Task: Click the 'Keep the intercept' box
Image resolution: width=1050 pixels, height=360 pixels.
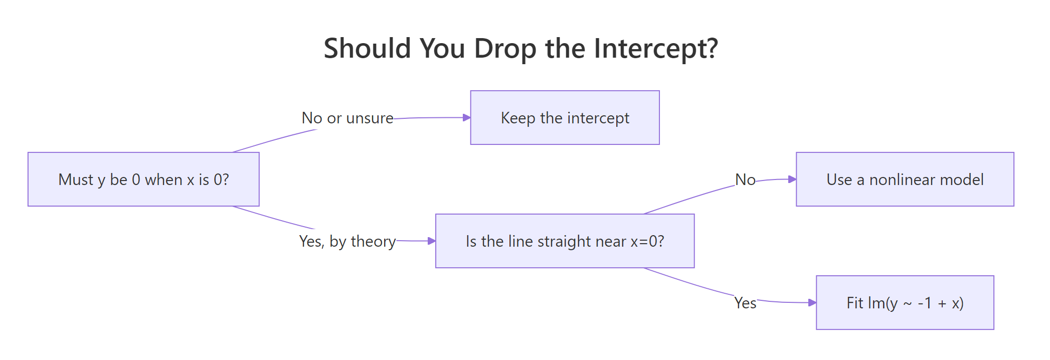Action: [x=565, y=118]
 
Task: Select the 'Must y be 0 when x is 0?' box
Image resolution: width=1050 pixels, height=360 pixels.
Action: [x=143, y=179]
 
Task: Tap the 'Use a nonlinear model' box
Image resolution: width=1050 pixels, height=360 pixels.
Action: [x=905, y=179]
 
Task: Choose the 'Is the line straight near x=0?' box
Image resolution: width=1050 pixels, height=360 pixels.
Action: [x=565, y=241]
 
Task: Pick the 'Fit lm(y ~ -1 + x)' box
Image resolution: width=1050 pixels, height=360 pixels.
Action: [x=905, y=303]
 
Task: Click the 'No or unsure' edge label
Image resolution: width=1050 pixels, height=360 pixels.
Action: [x=347, y=118]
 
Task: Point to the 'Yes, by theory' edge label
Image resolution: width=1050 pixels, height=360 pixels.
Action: [x=347, y=242]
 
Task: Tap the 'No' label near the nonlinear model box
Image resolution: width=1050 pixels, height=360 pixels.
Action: [x=745, y=180]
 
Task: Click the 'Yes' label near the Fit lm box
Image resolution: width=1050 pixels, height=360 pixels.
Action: [x=745, y=303]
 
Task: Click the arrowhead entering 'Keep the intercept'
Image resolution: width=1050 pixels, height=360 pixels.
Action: [x=466, y=118]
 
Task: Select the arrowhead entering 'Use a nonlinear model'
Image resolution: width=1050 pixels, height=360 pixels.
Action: [x=792, y=179]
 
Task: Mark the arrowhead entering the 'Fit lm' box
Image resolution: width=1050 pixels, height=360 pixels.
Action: [x=812, y=303]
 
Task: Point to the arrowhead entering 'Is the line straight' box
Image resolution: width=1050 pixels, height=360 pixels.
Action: [x=432, y=241]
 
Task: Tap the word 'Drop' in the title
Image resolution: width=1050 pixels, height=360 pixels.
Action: [x=505, y=49]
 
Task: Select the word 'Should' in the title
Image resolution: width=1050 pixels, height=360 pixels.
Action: [x=368, y=49]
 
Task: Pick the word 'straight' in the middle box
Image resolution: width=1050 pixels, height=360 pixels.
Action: [x=564, y=242]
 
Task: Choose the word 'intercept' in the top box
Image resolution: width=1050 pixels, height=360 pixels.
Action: [x=598, y=118]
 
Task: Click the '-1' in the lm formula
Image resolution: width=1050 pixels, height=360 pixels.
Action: [x=925, y=303]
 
